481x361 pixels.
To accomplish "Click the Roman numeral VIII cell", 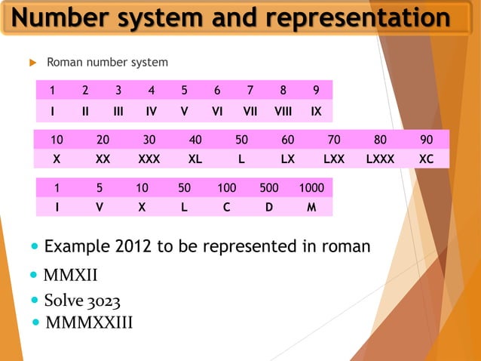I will tap(283, 112).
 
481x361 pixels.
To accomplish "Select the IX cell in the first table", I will tap(316, 112).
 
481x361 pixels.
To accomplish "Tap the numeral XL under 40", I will tap(195, 159).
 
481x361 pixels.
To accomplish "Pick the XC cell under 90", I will tap(426, 159).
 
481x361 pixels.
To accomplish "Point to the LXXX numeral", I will tap(380, 159).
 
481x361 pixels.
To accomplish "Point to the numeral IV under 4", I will tap(152, 112).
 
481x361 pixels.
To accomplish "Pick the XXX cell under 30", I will tap(149, 159).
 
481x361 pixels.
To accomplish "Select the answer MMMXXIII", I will tap(89, 323).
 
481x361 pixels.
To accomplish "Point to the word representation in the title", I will tap(346, 17).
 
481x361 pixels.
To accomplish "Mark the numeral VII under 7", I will tap(250, 112).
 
